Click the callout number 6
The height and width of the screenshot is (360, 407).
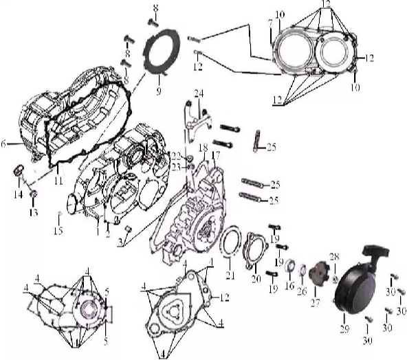(4, 144)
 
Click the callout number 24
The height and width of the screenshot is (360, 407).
(198, 93)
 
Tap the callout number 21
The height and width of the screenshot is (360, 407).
(230, 275)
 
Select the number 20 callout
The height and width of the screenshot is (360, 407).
(256, 278)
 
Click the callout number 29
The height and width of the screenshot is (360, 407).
(344, 329)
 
